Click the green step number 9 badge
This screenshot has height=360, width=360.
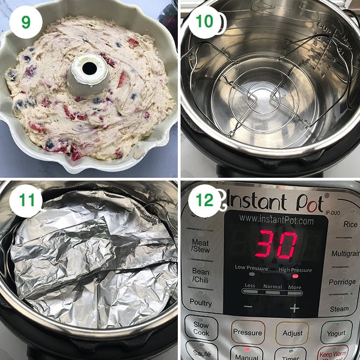tap(25, 23)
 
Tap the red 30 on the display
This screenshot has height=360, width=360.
tap(277, 244)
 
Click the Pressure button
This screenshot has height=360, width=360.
tap(247, 332)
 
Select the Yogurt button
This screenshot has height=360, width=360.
tap(336, 332)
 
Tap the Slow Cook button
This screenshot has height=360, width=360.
tap(201, 328)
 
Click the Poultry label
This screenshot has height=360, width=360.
tap(201, 302)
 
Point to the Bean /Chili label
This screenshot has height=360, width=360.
tap(201, 275)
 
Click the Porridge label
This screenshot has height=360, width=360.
tap(342, 282)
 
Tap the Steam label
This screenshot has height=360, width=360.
tap(339, 309)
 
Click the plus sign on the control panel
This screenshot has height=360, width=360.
tap(295, 308)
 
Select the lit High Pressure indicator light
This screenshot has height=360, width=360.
tap(295, 276)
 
